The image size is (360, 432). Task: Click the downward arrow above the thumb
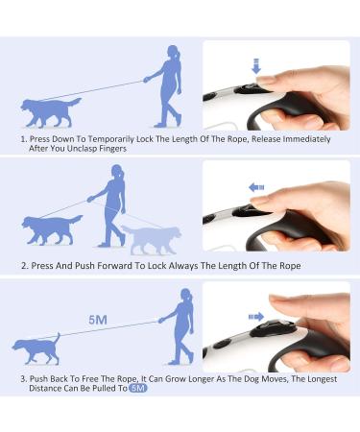(256, 66)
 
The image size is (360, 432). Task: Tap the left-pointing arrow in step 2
(256, 187)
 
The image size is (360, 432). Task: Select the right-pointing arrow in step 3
(256, 317)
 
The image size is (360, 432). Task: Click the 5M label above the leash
(98, 320)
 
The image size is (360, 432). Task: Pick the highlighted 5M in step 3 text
(138, 388)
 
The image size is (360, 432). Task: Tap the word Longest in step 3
(323, 379)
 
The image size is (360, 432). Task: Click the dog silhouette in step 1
(50, 112)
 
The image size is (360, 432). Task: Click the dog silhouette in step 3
(36, 348)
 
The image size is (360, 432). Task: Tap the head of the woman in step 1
(174, 53)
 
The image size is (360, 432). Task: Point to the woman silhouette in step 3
(180, 326)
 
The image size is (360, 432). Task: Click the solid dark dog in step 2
(52, 229)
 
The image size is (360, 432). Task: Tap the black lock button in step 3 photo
(272, 328)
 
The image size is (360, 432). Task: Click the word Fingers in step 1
(112, 149)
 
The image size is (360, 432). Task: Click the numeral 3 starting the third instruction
(23, 379)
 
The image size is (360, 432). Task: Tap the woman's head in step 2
(117, 172)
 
